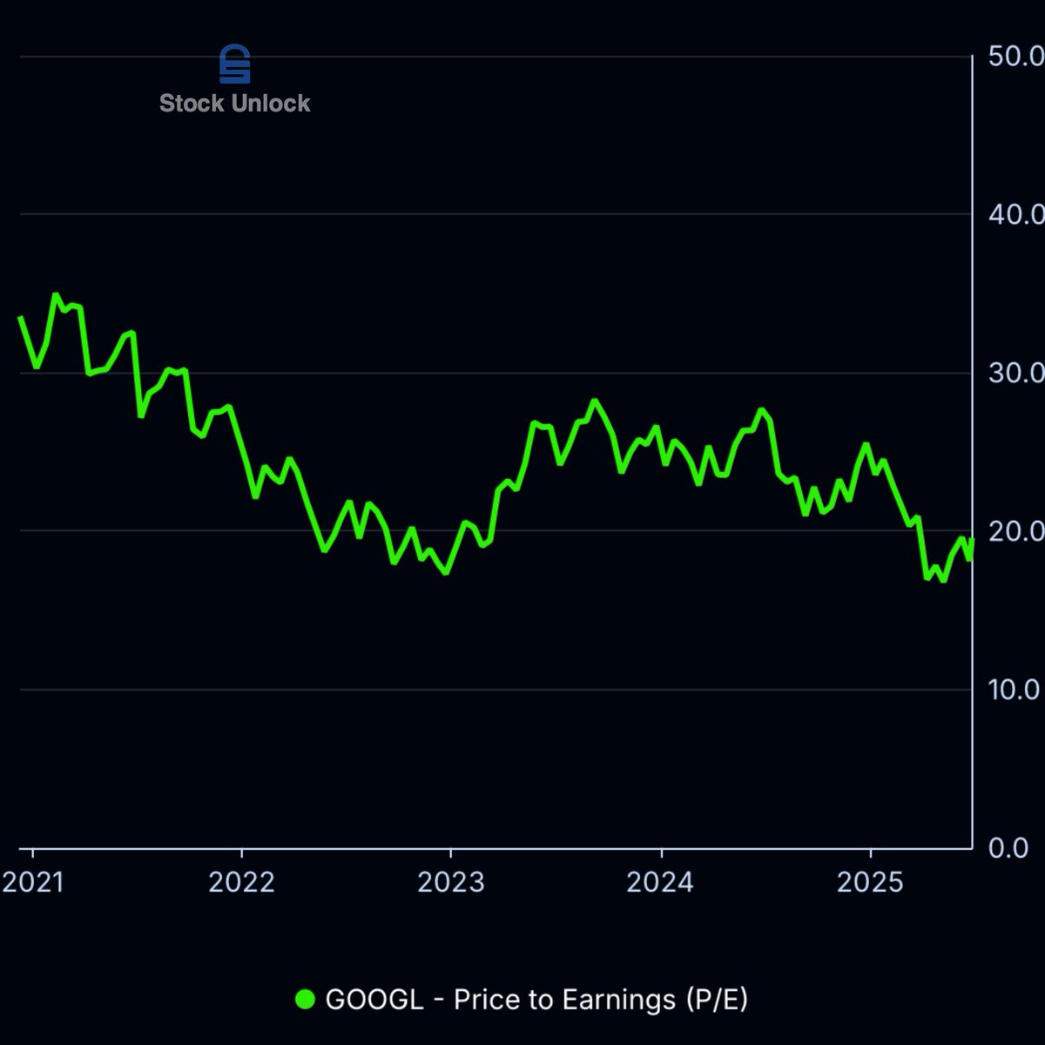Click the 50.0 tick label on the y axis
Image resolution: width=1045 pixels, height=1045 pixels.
(x=1015, y=57)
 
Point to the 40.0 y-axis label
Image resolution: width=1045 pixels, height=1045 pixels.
(x=1015, y=214)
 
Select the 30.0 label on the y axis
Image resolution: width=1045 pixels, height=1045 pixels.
(x=1015, y=373)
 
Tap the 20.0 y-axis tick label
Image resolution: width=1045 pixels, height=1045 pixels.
(x=1015, y=531)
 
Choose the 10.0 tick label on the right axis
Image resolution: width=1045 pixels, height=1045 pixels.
(x=1015, y=690)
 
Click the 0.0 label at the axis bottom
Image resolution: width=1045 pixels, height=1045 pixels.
(x=1008, y=848)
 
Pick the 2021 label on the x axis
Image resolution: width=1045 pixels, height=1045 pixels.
(x=33, y=883)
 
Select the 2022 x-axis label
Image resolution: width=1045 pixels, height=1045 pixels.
(x=241, y=883)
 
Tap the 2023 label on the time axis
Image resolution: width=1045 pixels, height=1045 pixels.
(x=450, y=883)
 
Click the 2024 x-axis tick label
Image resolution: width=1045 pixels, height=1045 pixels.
(x=660, y=883)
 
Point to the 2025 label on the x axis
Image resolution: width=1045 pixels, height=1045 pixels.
(x=870, y=883)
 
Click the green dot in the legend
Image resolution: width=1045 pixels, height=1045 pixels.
(x=305, y=1000)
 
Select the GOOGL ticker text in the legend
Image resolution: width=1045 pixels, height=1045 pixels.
(x=374, y=1000)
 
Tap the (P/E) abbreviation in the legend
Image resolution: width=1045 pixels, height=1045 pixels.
(x=717, y=1000)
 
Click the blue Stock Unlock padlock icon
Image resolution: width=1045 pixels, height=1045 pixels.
(x=234, y=64)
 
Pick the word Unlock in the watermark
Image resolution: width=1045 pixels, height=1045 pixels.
(x=270, y=104)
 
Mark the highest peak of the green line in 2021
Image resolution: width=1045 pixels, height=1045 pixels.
(x=56, y=295)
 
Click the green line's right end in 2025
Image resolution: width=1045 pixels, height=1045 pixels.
(x=971, y=542)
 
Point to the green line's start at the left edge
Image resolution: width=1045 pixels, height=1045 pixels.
(x=21, y=318)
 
